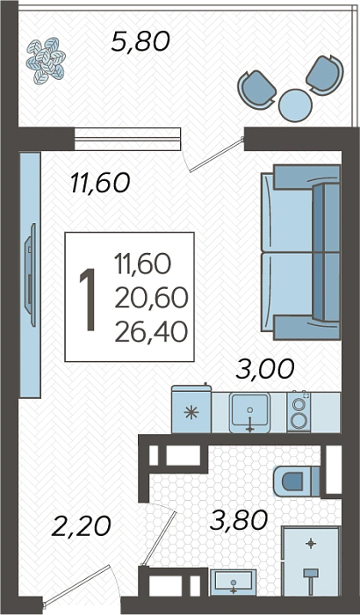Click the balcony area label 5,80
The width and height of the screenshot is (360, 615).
click(140, 42)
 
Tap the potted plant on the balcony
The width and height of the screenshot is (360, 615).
click(46, 61)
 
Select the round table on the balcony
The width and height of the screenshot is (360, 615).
click(295, 105)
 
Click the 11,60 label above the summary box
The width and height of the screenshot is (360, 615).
click(100, 184)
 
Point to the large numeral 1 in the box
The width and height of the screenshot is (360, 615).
click(88, 300)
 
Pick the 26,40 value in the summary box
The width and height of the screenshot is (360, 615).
click(151, 333)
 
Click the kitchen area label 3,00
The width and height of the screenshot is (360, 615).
click(264, 370)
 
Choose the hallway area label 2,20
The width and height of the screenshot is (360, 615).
click(81, 526)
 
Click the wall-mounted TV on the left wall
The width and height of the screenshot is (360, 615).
click(30, 274)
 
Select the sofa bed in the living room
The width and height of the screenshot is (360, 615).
click(300, 252)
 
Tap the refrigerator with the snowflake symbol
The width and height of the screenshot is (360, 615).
click(191, 409)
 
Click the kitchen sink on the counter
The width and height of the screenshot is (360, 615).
click(249, 413)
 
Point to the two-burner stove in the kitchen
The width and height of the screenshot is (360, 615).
click(299, 412)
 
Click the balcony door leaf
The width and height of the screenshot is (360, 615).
click(215, 155)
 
